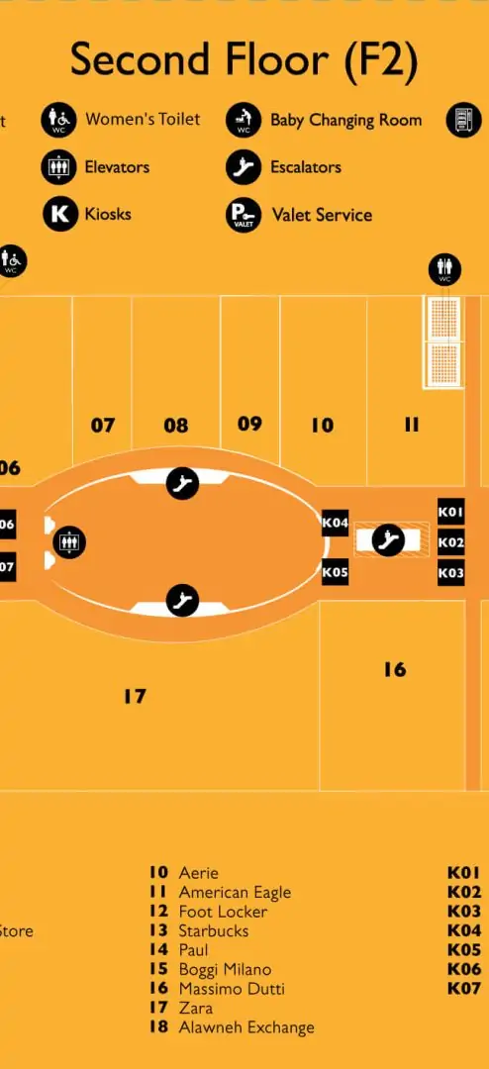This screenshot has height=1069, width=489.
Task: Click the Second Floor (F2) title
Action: click(x=244, y=60)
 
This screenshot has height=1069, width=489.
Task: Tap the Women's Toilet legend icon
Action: click(x=58, y=121)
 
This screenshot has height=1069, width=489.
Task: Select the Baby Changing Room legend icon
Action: click(x=244, y=121)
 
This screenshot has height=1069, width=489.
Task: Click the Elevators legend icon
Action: click(x=58, y=167)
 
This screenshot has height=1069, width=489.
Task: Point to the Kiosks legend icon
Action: click(x=60, y=214)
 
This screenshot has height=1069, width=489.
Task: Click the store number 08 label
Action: click(x=176, y=426)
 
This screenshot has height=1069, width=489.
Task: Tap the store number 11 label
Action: click(x=411, y=426)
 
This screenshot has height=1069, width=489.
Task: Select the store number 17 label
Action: click(x=135, y=696)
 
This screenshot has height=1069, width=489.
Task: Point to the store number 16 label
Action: click(x=394, y=669)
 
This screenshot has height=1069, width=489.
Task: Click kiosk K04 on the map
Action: click(x=335, y=523)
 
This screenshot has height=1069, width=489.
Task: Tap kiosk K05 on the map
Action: click(x=335, y=572)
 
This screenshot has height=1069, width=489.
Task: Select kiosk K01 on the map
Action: click(x=450, y=512)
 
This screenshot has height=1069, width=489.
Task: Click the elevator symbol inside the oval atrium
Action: click(x=69, y=542)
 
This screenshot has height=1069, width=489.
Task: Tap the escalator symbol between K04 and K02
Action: click(x=389, y=540)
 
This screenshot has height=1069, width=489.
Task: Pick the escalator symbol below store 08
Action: click(x=183, y=483)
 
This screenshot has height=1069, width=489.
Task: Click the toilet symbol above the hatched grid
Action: click(x=444, y=269)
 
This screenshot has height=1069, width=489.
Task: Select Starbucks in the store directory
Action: click(x=214, y=930)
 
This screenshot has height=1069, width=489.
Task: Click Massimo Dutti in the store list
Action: click(x=232, y=989)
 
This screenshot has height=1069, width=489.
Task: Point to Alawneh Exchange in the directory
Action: click(x=246, y=1027)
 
